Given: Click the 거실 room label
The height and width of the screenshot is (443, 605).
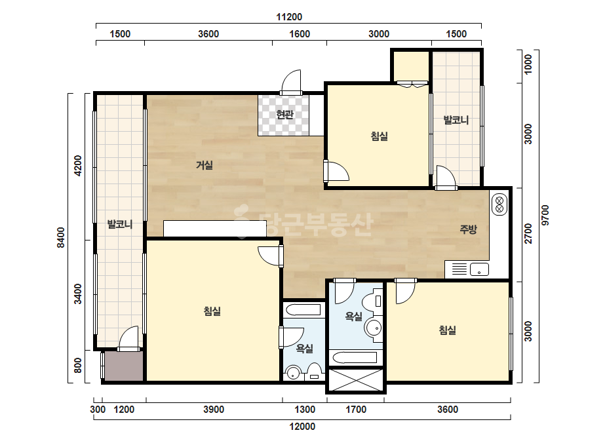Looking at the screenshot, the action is click(205, 165).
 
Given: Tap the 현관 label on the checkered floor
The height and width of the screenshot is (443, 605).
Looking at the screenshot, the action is click(284, 115).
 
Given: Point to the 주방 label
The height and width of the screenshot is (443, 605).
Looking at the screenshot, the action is click(468, 229).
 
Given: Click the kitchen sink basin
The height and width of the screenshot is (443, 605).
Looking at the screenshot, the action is click(479, 269).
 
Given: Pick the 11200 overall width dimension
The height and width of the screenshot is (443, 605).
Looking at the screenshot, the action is click(289, 17).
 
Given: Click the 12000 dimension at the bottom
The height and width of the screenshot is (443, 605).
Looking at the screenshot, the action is click(302, 427).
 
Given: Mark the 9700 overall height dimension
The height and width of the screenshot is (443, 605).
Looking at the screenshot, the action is click(545, 216).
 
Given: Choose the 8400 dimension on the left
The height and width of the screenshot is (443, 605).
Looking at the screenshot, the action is click(61, 238).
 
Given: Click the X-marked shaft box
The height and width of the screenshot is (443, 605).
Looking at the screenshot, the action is click(356, 380).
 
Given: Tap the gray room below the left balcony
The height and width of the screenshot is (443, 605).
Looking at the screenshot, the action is click(123, 366).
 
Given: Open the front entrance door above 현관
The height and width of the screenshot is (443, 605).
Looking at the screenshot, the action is click(291, 82).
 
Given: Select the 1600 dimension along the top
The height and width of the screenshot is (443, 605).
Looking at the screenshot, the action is click(300, 34).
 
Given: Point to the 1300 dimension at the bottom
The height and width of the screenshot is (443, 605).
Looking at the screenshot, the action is click(305, 410).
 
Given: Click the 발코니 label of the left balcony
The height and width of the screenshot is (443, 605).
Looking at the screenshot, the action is click(119, 224).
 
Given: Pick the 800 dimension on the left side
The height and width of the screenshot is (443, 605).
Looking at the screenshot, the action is click(78, 366).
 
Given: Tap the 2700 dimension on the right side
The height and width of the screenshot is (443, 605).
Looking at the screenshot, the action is click(528, 233).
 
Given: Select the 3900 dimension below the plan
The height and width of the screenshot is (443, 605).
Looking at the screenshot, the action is click(214, 410).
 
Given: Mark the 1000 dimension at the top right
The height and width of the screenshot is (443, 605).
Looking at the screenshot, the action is click(528, 64).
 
